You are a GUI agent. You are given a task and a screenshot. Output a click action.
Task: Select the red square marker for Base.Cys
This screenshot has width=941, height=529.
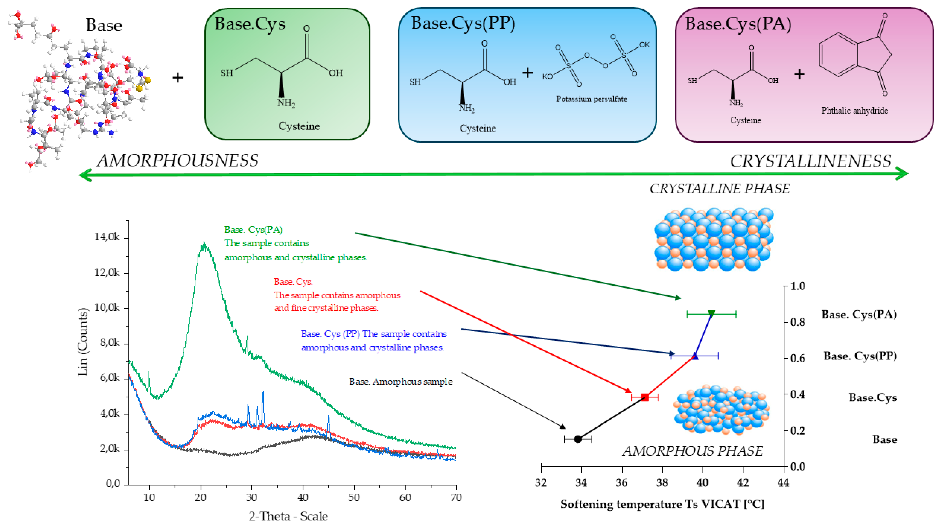645,397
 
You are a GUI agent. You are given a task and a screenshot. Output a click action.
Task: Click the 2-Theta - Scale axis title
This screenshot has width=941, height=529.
288,516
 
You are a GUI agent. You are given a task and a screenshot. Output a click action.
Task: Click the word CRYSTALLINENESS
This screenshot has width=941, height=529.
810,162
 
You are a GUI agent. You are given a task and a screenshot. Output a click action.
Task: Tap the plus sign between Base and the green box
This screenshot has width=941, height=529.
178,77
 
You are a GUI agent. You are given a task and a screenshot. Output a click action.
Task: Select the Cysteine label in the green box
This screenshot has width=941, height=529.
299,126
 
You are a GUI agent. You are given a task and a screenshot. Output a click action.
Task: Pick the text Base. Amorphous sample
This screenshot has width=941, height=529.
401,382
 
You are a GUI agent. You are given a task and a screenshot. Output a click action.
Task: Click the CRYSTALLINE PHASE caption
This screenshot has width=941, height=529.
719,189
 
